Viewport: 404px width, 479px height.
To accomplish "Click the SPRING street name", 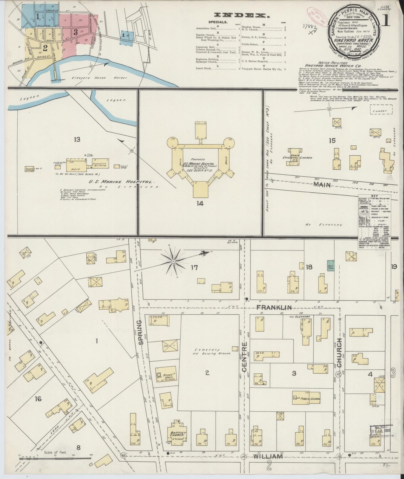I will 141,332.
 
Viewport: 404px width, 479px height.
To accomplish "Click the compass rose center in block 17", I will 173,261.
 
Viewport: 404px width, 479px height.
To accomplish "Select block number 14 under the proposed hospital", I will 200,203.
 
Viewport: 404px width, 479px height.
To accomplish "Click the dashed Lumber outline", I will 381,111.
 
